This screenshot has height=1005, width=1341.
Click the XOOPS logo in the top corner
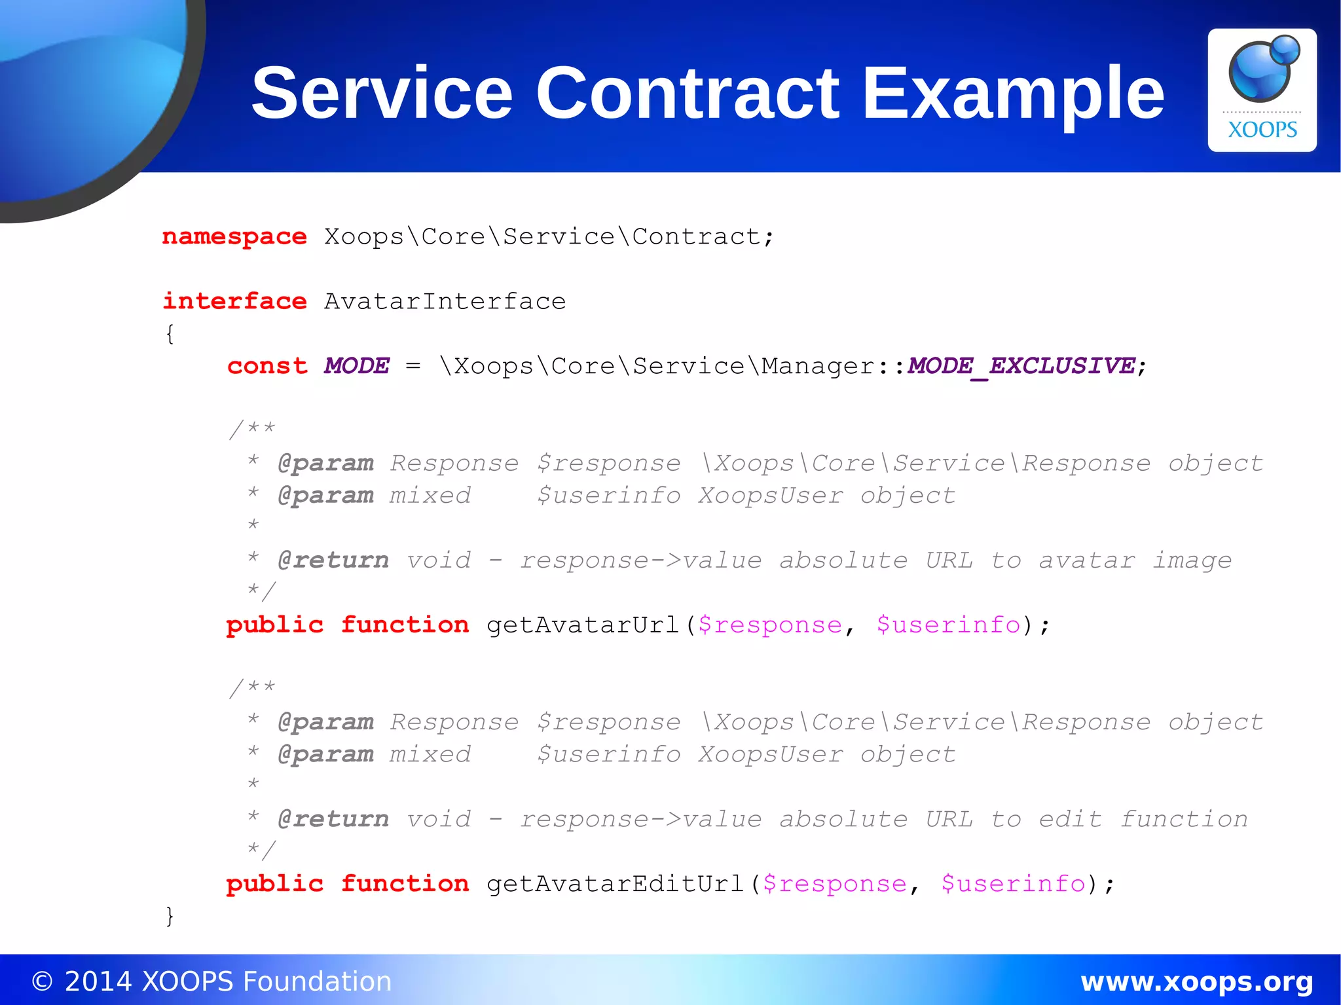pos(1262,90)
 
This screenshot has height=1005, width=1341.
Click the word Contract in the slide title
pos(687,93)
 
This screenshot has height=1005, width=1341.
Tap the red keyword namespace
pos(234,236)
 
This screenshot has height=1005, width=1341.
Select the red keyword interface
pos(234,301)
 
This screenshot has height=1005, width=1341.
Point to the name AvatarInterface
pos(445,301)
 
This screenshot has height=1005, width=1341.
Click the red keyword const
pos(267,366)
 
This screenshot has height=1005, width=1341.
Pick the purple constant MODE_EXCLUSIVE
pos(1021,366)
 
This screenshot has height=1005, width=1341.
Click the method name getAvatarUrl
pos(583,625)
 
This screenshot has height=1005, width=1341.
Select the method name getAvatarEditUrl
pos(615,884)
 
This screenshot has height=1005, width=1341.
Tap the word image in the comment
pos(1192,560)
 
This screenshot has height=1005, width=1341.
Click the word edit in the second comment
pos(1071,819)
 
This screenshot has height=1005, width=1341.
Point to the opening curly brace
pos(170,334)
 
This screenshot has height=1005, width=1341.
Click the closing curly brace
pos(170,916)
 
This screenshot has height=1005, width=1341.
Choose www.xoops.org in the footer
pos(1196,981)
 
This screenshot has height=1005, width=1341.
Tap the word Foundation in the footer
pos(317,981)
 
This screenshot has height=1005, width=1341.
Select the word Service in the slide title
pos(382,93)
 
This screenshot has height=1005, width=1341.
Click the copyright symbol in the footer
pos(42,981)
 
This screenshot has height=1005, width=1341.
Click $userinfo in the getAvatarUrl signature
pos(948,625)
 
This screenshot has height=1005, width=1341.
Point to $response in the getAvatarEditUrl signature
pos(835,884)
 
